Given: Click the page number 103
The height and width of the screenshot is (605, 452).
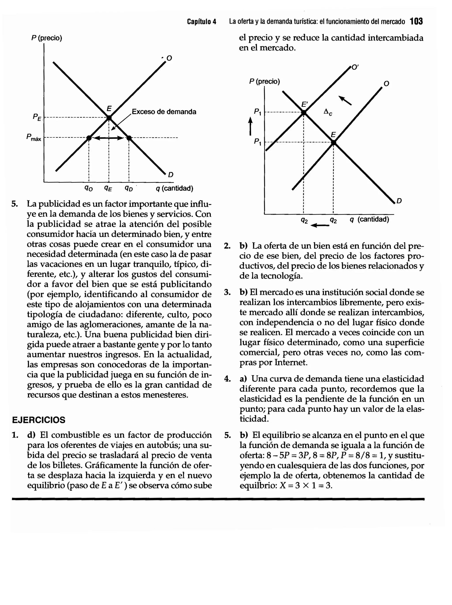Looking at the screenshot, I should coord(416,21).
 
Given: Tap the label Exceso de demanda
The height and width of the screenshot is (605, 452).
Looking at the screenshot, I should coord(164,112).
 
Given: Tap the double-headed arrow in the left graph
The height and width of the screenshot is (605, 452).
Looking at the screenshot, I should coord(109,138).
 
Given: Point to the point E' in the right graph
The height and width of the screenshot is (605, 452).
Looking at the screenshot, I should coord(304,112).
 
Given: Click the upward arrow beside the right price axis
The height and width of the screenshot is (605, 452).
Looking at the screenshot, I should coord(250,126).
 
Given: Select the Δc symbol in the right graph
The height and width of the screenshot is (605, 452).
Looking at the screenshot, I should coord(328,112).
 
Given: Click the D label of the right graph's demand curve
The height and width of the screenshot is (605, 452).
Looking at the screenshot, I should coord(399,201).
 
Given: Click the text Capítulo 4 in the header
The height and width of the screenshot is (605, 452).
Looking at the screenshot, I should coord(202,22).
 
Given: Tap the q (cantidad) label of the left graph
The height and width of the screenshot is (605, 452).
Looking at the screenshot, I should coord(174,188).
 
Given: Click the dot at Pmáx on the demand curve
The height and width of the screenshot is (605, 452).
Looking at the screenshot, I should coord(129,138).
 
